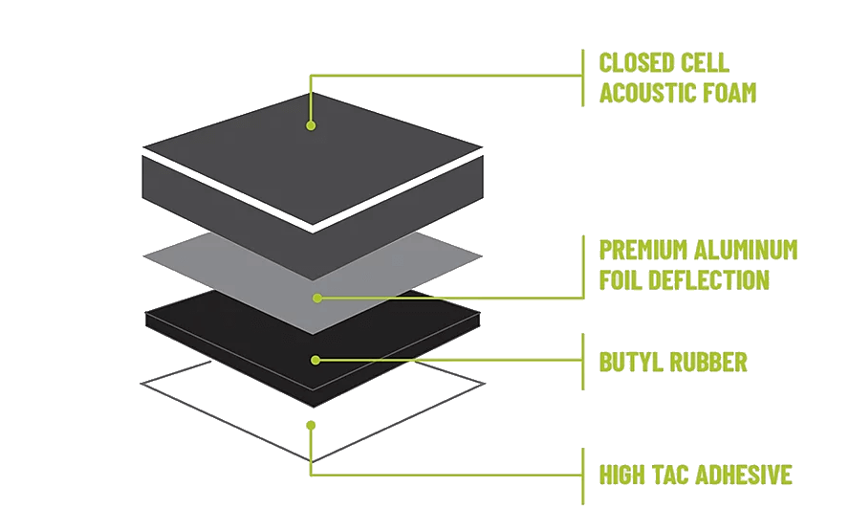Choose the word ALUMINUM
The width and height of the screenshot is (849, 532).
pos(745,251)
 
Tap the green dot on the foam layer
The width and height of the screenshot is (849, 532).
pos(311,124)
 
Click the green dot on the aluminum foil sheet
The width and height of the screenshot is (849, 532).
pos(316,298)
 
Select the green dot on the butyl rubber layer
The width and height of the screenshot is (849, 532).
pos(316,360)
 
